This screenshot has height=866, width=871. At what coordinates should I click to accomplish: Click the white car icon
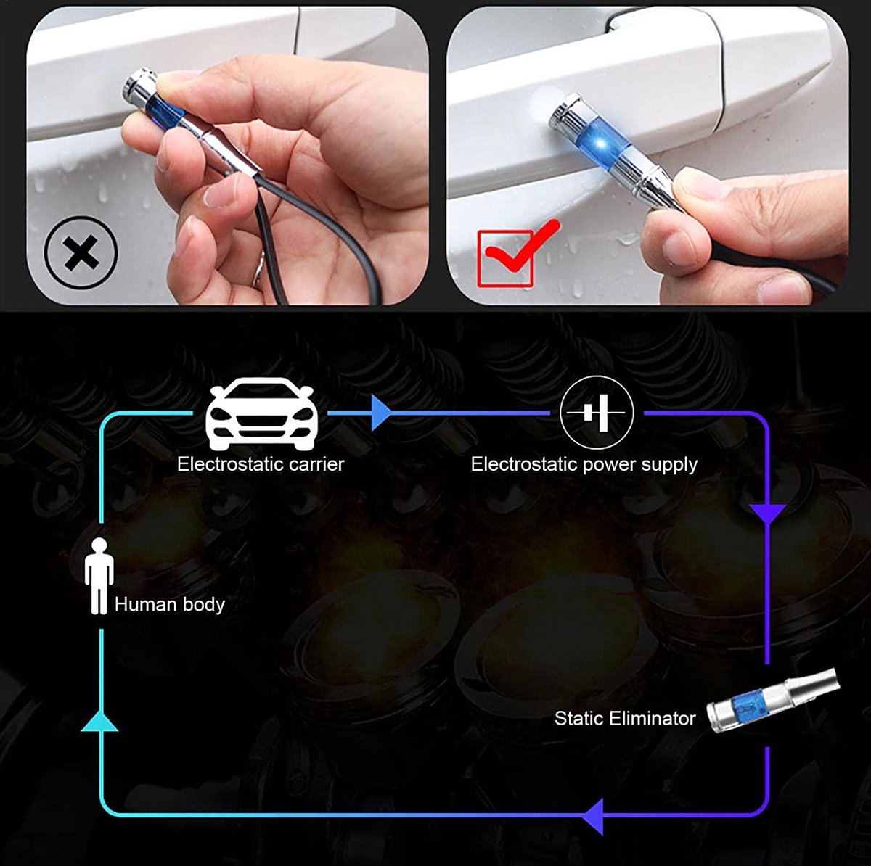pos(262,413)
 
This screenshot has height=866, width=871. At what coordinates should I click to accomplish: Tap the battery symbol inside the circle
pos(596,413)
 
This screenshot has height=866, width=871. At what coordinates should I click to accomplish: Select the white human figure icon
pos(99,576)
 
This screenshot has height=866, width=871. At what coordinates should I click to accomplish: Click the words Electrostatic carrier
pos(261,464)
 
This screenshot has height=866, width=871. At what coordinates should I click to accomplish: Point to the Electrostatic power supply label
pos(584,465)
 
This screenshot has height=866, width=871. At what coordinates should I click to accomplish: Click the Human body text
pos(170,604)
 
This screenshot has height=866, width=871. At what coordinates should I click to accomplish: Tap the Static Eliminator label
pos(625,718)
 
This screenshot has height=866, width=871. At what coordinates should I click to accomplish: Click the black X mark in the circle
pos(81,252)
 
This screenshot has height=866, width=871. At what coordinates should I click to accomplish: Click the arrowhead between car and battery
pos(380,413)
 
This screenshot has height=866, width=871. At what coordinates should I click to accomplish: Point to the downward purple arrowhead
pos(768,514)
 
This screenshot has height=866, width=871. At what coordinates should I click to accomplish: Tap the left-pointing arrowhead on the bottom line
pos(593,816)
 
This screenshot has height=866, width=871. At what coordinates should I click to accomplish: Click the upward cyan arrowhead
pos(100,720)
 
